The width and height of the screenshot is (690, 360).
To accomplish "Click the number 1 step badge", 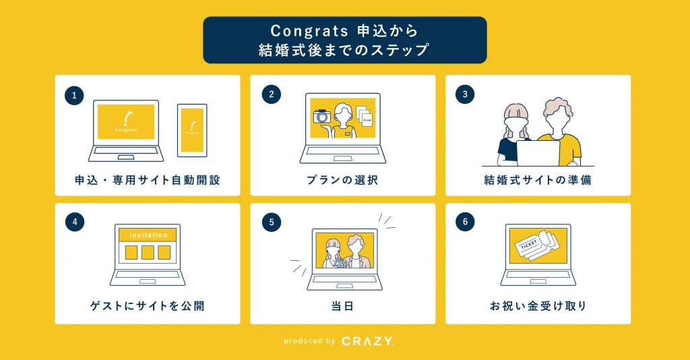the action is click(74, 96).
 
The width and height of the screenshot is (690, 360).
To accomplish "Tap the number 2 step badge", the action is click(271, 94).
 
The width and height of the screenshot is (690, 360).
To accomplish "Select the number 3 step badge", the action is click(465, 94).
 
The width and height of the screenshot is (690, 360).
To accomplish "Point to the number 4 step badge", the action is click(74, 222).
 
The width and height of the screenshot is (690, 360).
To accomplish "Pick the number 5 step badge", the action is click(271, 222).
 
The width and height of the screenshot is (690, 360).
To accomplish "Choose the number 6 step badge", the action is click(465, 222).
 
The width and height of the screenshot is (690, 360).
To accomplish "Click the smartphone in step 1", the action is click(192, 130).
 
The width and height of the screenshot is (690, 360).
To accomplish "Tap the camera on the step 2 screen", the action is click(322, 116).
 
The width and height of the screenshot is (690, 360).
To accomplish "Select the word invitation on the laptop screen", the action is click(148, 235).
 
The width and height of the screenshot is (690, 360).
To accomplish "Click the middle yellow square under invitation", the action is click(148, 253).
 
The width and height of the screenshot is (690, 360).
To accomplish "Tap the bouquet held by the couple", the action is click(340, 262).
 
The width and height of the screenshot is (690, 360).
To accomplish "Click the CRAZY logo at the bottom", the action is click(367, 341).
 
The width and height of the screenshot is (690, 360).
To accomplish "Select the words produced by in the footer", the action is click(309, 341).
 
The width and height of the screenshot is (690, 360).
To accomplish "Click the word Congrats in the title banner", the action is click(309, 31).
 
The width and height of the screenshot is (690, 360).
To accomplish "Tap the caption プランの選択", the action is click(342, 180).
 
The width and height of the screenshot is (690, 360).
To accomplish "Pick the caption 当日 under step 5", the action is click(342, 306).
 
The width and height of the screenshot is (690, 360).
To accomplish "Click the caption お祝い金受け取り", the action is click(538, 306).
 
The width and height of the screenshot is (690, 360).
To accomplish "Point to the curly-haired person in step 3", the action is click(560, 132).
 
